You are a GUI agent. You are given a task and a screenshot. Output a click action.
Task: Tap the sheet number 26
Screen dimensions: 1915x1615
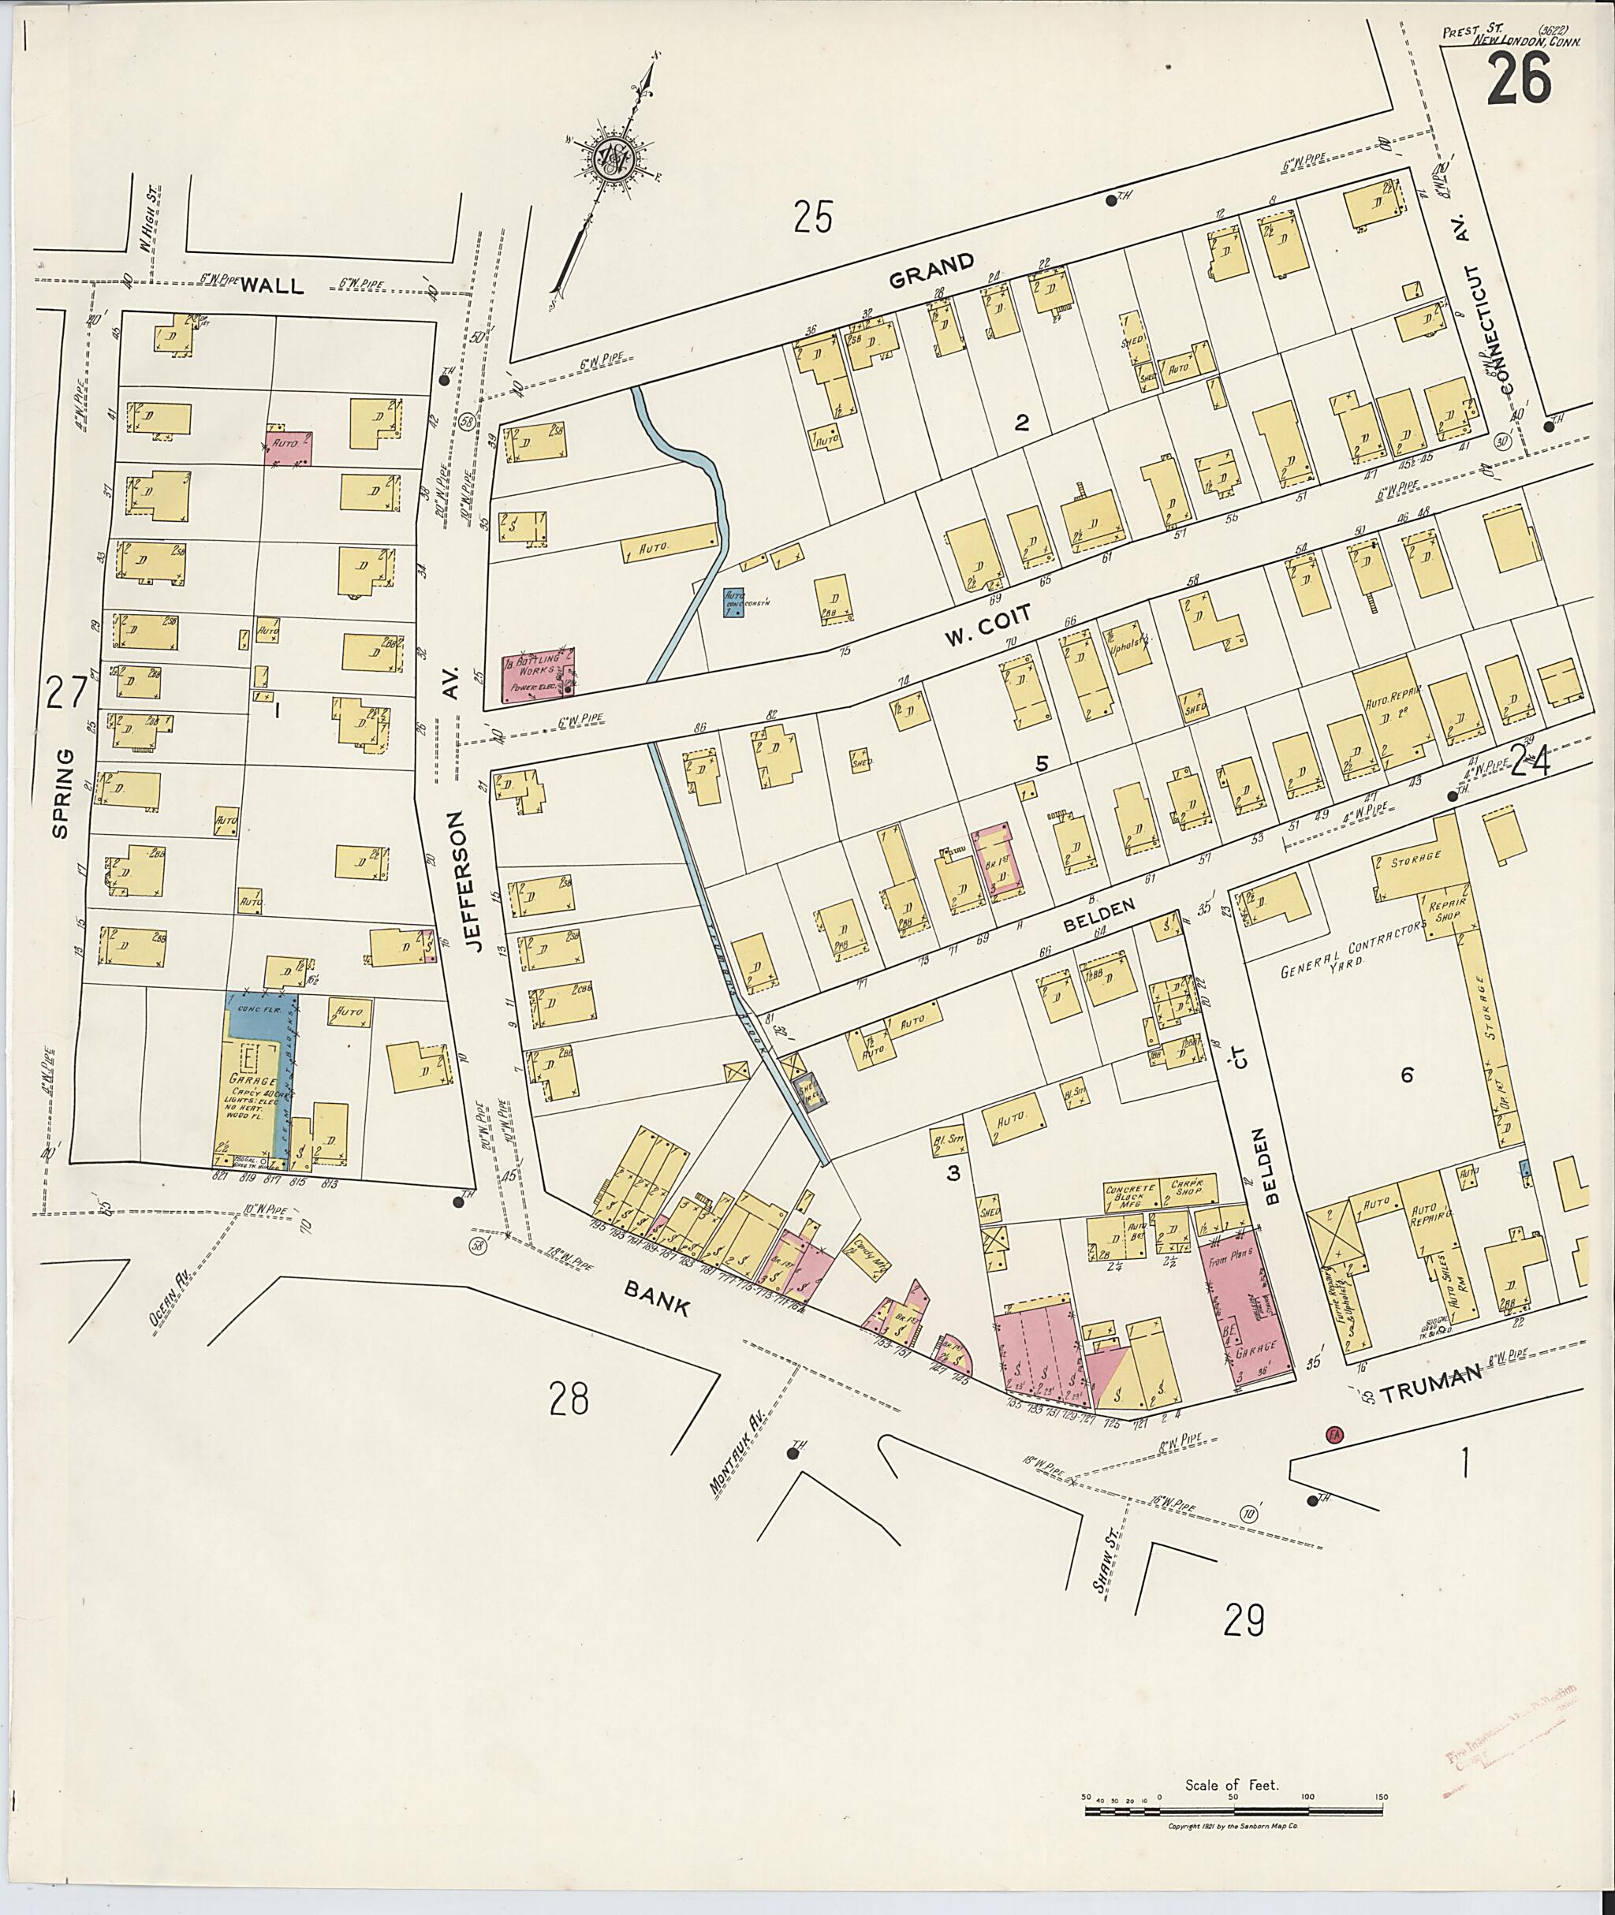point(1519,80)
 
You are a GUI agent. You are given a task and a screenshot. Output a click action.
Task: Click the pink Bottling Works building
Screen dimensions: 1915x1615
point(539,675)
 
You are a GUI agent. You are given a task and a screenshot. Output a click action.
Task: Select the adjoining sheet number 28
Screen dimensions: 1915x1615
point(569,1399)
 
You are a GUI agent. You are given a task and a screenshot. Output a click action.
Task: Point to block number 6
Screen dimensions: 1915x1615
point(1406,1075)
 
